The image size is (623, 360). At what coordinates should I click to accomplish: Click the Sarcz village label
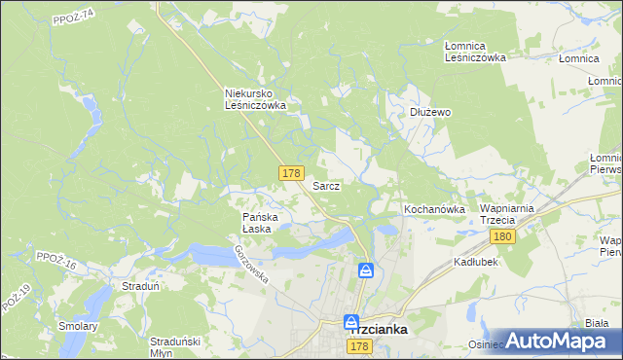click(x=325, y=185)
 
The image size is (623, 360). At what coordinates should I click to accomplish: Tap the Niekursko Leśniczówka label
click(x=254, y=99)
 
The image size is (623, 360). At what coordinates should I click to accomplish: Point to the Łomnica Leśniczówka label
click(x=475, y=52)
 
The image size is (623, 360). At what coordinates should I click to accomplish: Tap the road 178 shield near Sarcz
click(x=290, y=173)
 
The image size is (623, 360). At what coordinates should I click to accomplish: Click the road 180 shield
click(x=502, y=237)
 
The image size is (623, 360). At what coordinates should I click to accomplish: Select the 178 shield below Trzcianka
click(x=358, y=347)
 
